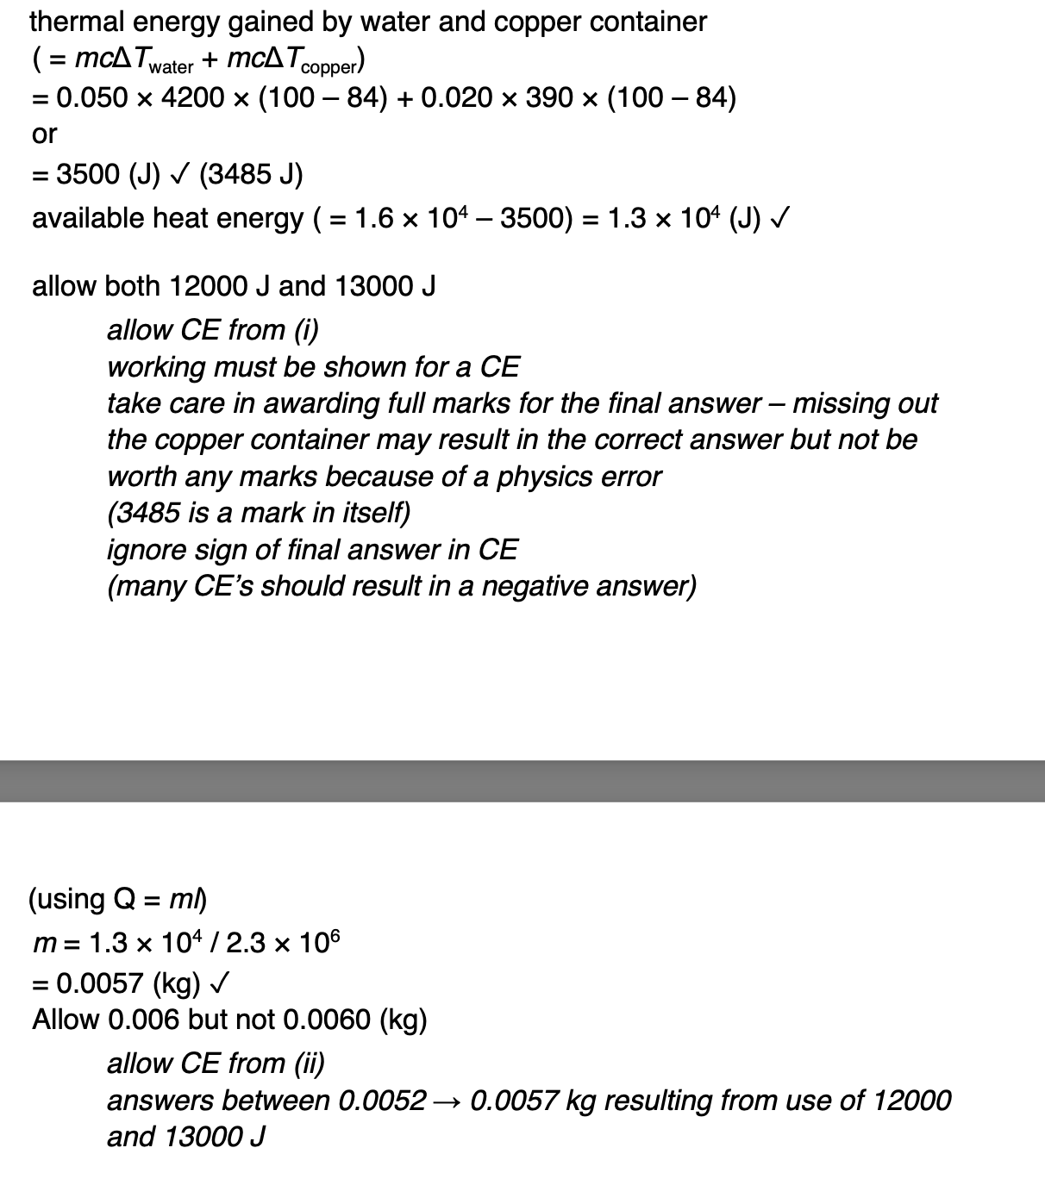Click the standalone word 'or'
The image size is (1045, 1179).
(44, 134)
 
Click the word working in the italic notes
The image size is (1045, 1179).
(156, 367)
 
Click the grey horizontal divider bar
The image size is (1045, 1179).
(522, 781)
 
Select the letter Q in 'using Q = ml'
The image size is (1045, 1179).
(124, 900)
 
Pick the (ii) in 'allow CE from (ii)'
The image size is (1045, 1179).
(310, 1064)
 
